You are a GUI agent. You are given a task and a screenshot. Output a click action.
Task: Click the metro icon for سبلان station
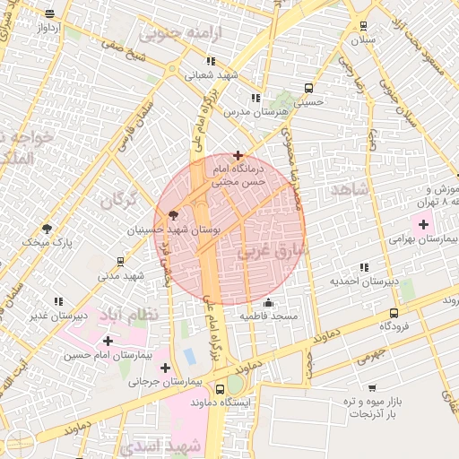click(363, 26)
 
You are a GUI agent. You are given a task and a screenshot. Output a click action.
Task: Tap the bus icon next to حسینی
click(308, 89)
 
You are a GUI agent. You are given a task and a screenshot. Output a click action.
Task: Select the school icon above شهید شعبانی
click(210, 61)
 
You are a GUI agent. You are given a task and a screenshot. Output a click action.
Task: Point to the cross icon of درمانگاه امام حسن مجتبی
click(237, 155)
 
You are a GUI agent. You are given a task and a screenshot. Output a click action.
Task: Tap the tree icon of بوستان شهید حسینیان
click(172, 214)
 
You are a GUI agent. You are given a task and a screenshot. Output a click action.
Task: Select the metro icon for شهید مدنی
click(120, 262)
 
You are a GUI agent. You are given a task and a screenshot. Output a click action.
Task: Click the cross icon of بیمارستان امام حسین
click(108, 341)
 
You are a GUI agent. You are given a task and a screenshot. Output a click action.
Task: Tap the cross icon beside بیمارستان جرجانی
click(165, 367)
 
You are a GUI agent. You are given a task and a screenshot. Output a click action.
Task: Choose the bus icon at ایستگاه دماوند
click(221, 389)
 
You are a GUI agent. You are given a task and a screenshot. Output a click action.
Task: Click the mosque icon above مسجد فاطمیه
click(267, 303)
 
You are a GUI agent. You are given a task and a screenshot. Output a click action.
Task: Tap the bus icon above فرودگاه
click(394, 313)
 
